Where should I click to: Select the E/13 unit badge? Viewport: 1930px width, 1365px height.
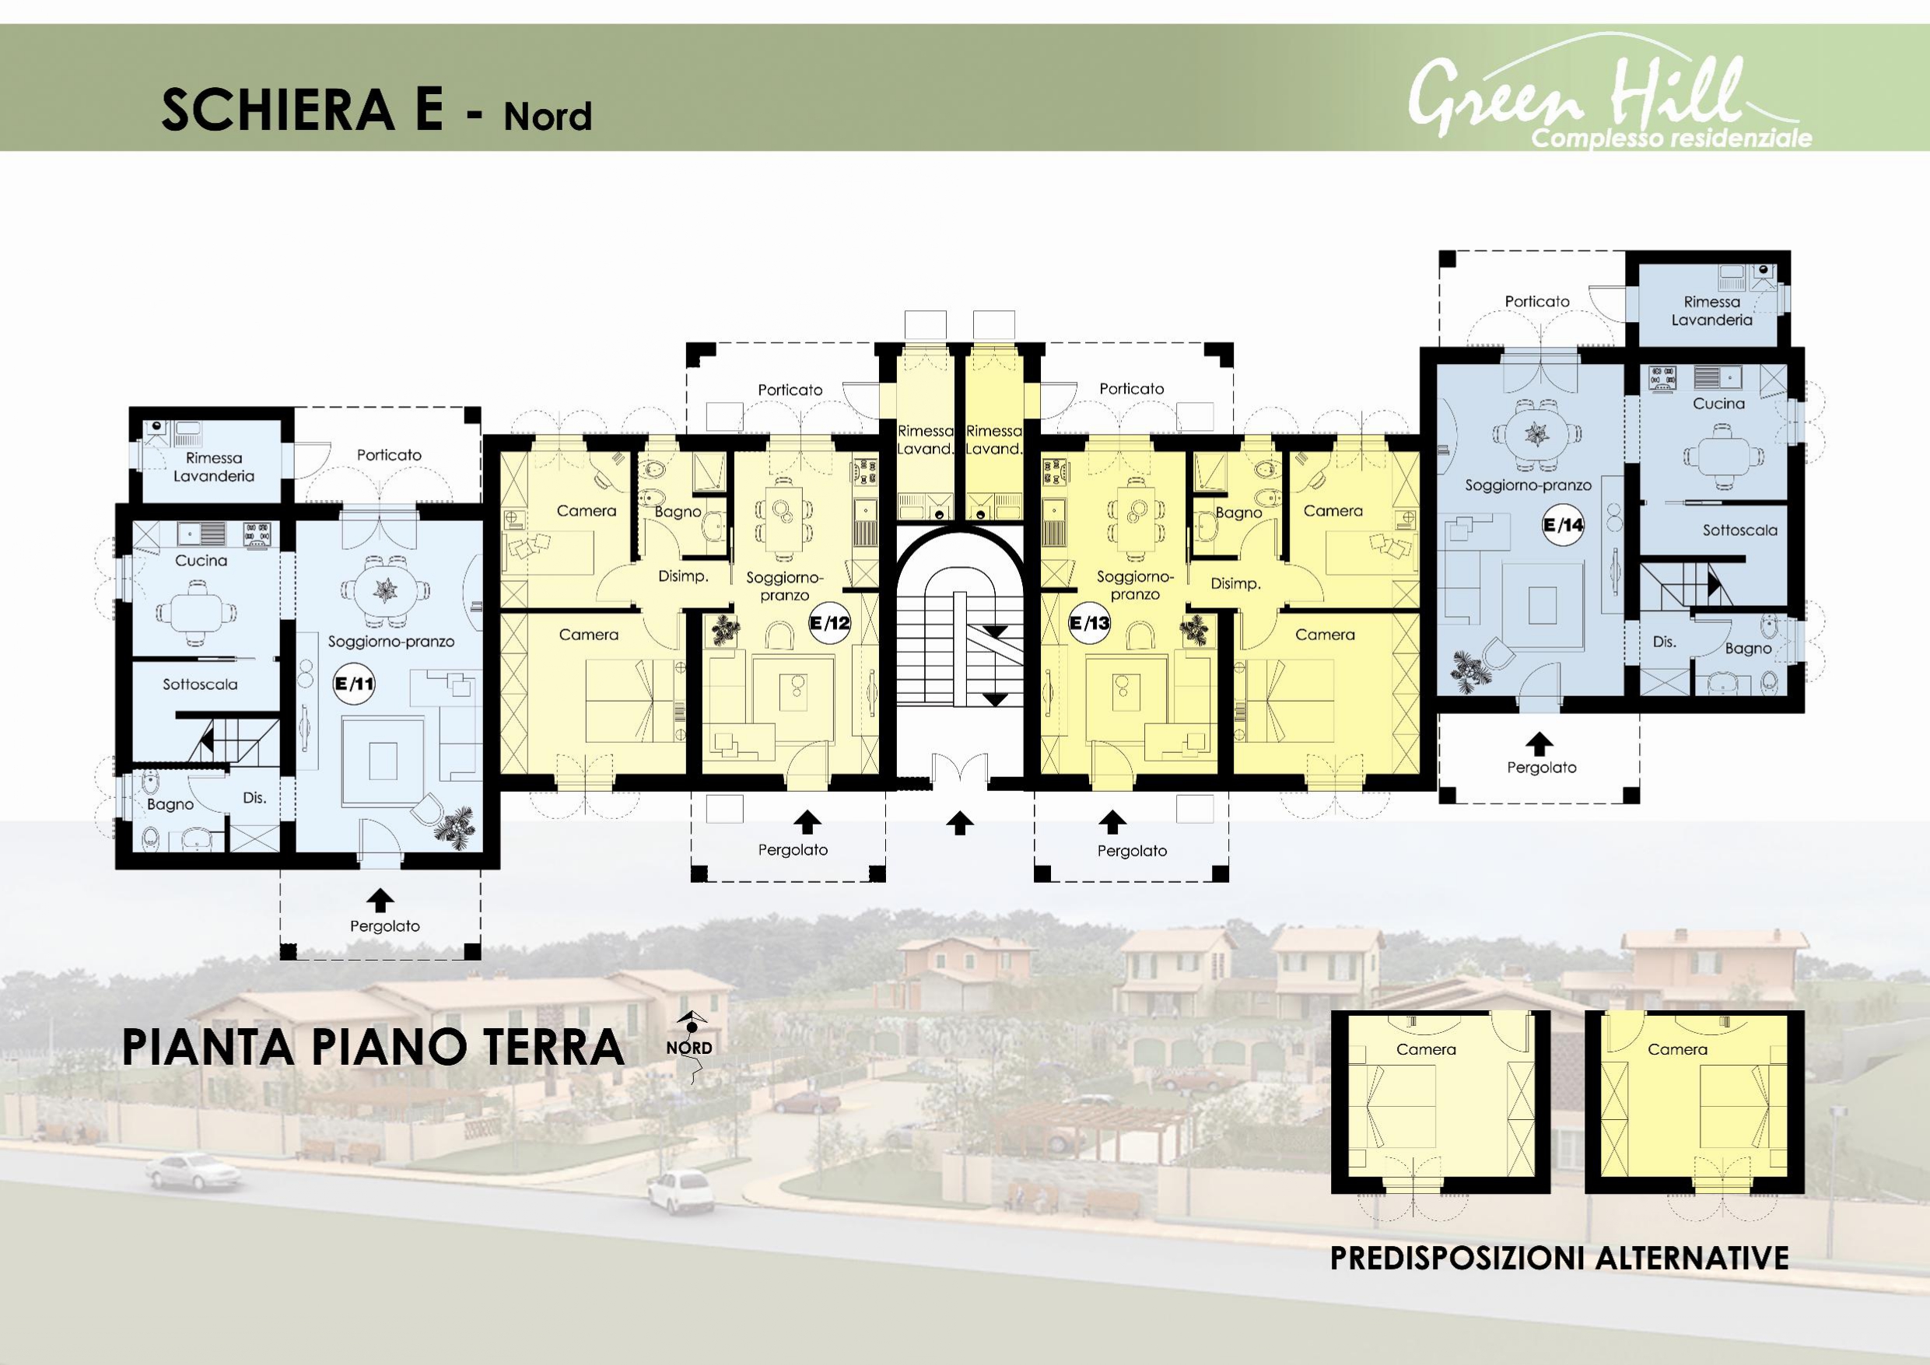(x=1089, y=623)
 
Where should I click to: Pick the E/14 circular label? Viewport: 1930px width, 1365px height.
(x=1564, y=525)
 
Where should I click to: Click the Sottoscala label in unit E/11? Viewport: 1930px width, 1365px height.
(x=200, y=684)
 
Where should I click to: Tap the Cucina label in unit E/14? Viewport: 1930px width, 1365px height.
(x=1719, y=404)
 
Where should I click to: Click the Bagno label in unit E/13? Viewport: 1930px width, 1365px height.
(x=1238, y=513)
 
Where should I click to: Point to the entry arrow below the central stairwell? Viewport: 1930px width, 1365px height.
(x=960, y=823)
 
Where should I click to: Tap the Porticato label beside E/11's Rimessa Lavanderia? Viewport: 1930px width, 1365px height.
(x=389, y=455)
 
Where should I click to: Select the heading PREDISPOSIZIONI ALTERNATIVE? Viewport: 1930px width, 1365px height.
(x=1559, y=1258)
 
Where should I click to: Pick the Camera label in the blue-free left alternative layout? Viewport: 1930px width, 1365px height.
(x=1427, y=1049)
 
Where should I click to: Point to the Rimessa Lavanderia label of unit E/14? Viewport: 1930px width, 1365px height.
(x=1712, y=311)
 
